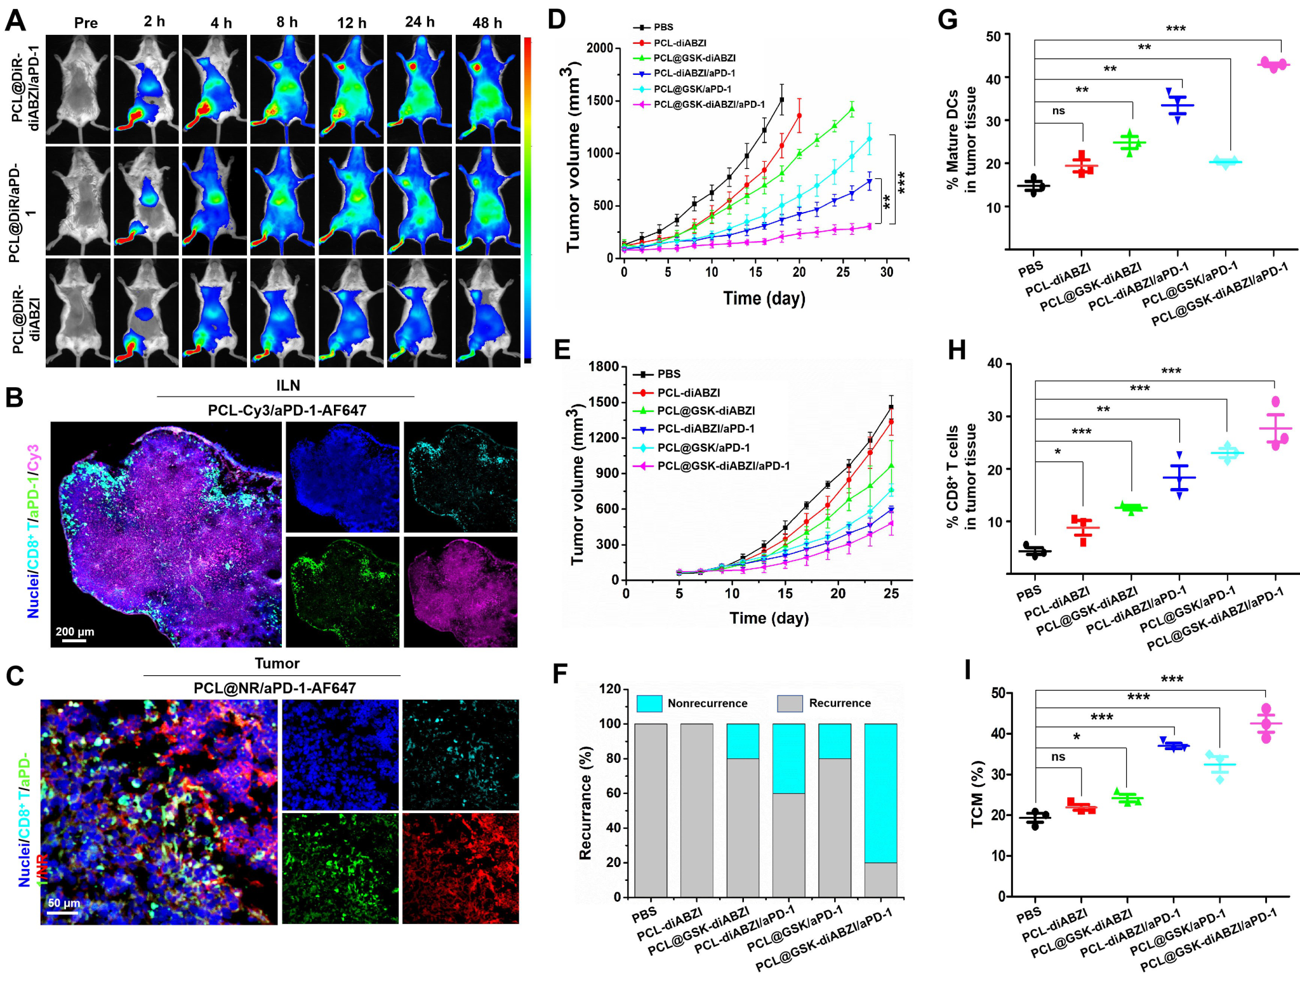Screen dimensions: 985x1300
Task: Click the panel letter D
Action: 556,19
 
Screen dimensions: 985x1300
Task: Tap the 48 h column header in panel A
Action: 487,23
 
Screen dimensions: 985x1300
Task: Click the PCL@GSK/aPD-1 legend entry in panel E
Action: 703,447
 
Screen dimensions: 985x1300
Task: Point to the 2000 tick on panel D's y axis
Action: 600,48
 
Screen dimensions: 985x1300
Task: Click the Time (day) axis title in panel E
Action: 769,618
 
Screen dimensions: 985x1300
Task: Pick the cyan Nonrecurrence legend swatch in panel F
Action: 649,703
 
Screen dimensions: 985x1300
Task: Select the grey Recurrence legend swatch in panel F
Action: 790,703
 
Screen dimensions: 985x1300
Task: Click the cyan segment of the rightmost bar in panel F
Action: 880,793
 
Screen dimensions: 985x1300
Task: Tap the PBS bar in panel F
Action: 651,810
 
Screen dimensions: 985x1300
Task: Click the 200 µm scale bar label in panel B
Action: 75,631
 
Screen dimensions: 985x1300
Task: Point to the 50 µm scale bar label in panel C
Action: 64,903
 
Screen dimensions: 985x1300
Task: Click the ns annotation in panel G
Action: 1058,111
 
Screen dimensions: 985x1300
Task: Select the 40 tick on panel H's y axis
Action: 995,363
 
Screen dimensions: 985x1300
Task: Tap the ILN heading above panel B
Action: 288,385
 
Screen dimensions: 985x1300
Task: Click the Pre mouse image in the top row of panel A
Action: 78,89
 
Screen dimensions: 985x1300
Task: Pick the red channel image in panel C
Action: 460,868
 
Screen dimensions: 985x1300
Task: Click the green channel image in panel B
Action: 343,592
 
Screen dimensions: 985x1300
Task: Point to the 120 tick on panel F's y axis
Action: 610,689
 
